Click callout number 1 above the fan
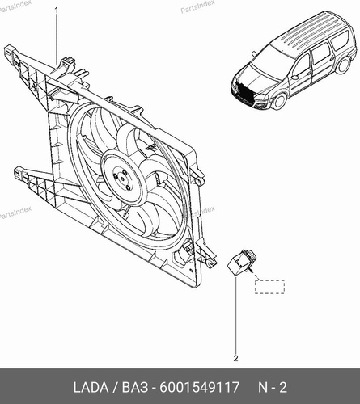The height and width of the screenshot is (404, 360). coord(57,11)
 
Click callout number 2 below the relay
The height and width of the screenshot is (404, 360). coord(236,358)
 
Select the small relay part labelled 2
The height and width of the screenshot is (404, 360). coord(240,262)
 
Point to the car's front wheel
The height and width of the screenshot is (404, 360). coord(279,100)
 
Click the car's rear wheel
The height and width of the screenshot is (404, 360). coord(343,65)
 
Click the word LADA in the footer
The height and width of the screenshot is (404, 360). coord(91,388)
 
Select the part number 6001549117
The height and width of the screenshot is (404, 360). coord(199,388)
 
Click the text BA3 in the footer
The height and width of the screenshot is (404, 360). coord(135,388)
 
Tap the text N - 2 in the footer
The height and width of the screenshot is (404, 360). coord(273,388)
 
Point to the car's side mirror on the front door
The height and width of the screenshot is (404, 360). coord(294,77)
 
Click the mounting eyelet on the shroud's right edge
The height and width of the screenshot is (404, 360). coord(200,181)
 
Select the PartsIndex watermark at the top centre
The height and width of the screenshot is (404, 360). coord(197,6)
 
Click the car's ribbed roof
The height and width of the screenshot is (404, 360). coord(309,30)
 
